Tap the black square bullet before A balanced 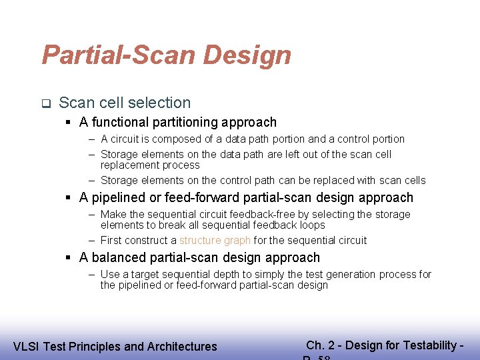coord(69,258)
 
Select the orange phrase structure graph coord(215,240)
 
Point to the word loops coord(311,225)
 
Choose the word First coord(111,240)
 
